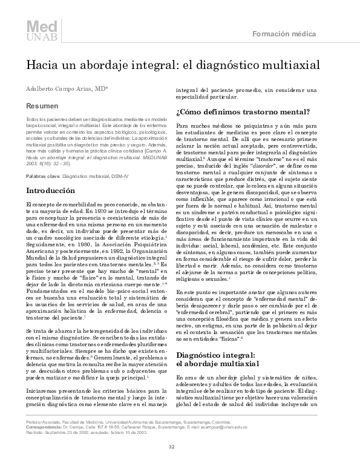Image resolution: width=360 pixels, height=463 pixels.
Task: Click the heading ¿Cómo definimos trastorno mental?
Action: [x=243, y=113]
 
